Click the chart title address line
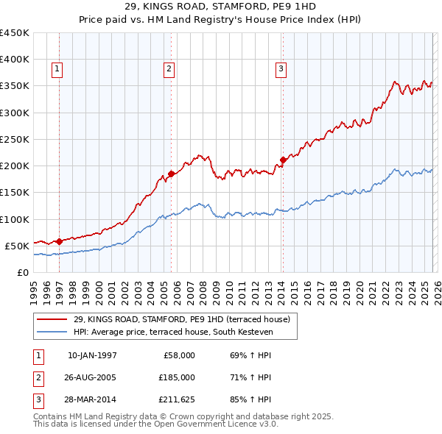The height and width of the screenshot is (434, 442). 221,7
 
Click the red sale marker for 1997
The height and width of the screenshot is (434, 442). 59,241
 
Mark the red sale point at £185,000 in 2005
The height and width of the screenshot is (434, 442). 171,174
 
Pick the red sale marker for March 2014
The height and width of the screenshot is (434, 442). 283,160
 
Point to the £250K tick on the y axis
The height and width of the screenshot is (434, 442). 15,139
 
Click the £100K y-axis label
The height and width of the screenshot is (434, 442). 15,219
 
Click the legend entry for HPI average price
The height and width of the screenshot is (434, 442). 172,332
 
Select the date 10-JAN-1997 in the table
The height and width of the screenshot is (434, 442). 92,355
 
